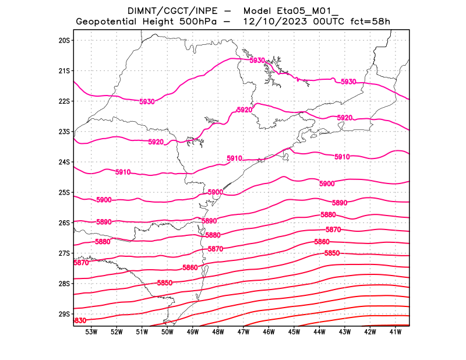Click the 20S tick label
tap(64, 40)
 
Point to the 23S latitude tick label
tap(64, 132)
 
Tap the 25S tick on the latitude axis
tap(64, 192)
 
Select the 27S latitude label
tap(64, 253)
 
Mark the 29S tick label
tap(64, 314)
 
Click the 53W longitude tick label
tap(91, 332)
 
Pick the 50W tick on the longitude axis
tap(167, 332)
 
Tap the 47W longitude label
tap(243, 332)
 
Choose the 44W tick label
tap(319, 332)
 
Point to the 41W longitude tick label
tap(396, 332)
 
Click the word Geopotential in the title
tap(112, 22)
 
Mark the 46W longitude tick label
tap(269, 332)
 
